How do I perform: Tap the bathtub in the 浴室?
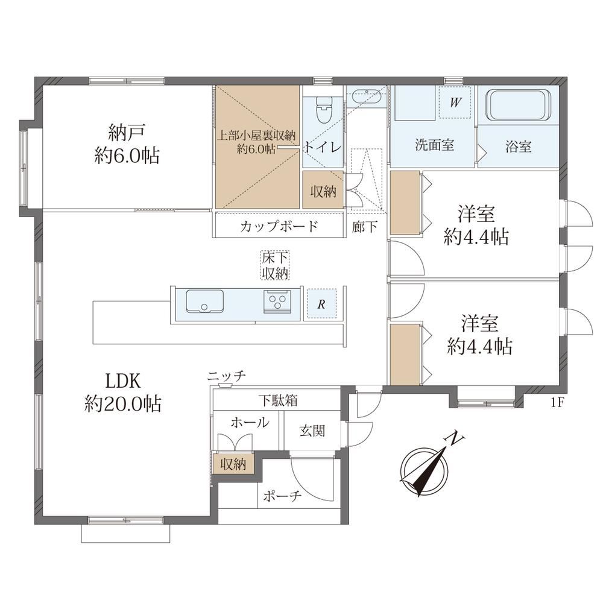click(519, 105)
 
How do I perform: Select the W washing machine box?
click(455, 103)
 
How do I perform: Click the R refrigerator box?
click(321, 305)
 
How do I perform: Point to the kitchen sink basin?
click(204, 301)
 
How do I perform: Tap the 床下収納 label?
click(275, 265)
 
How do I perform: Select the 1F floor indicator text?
click(557, 403)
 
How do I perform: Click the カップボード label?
click(279, 226)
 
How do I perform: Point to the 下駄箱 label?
click(277, 401)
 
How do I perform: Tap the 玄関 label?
click(312, 431)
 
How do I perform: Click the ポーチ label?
click(282, 496)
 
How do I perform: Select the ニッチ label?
click(226, 376)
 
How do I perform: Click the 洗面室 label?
click(435, 145)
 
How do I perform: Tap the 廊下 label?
click(365, 227)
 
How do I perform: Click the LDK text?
click(123, 380)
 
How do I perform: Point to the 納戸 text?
click(127, 133)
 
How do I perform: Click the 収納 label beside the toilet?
click(323, 191)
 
